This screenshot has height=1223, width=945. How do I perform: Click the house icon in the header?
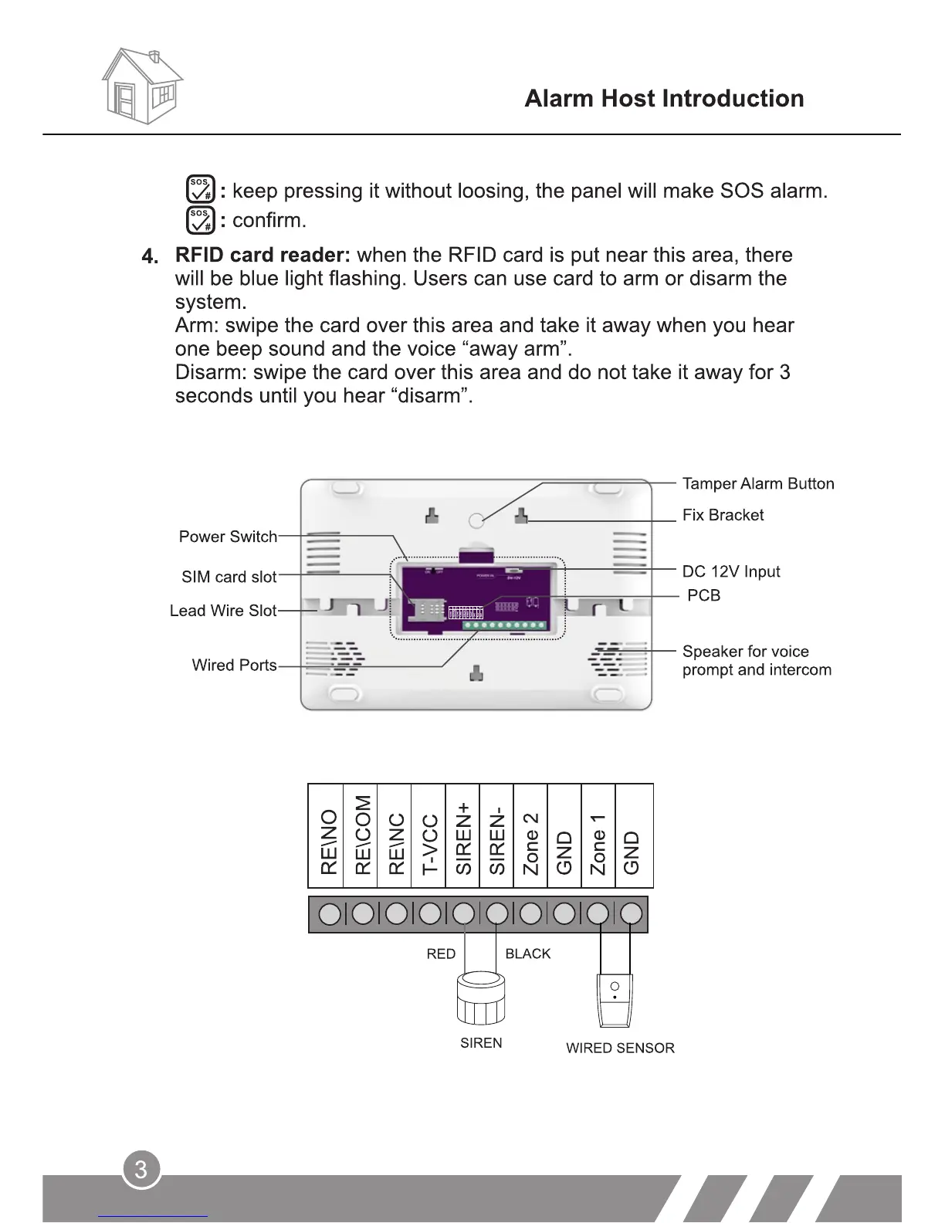[142, 86]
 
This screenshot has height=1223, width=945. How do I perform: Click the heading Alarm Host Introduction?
[664, 99]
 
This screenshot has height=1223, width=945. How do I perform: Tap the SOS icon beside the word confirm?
[200, 220]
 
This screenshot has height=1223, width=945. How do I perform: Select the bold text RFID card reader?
[262, 256]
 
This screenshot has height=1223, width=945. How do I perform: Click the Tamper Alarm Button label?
[757, 484]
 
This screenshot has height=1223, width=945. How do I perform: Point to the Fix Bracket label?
[723, 515]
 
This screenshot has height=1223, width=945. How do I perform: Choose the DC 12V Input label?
[730, 571]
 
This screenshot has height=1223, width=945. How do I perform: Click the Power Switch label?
[228, 537]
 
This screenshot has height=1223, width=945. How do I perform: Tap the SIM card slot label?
[229, 577]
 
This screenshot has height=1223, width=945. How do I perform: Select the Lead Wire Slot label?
[222, 611]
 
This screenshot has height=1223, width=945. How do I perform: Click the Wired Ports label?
[234, 666]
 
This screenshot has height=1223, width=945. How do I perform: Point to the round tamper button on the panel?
[477, 520]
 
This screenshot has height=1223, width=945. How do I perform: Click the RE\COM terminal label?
[363, 835]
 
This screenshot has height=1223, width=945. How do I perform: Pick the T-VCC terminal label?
[430, 844]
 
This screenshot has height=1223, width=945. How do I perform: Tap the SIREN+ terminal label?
[463, 838]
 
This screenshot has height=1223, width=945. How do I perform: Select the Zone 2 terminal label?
[530, 843]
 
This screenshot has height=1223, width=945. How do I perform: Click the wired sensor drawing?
[615, 1001]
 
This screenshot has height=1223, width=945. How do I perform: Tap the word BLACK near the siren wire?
[527, 954]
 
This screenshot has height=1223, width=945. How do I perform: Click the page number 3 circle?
[141, 1170]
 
